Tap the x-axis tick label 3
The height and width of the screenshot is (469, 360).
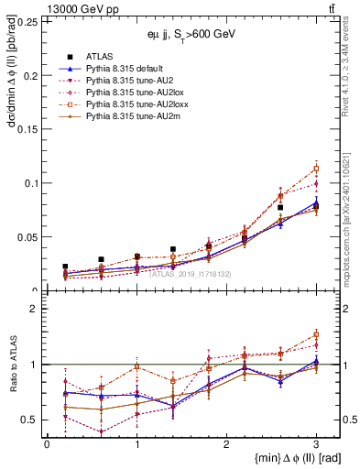(316, 443)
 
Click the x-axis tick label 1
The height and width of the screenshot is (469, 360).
(136, 443)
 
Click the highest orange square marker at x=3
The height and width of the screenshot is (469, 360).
(316, 169)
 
